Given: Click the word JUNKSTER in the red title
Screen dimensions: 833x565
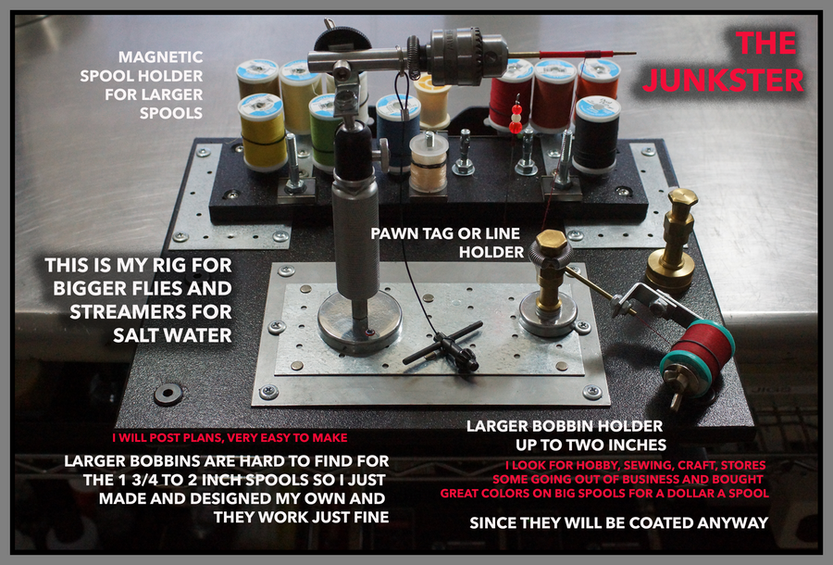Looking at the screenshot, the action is pyautogui.click(x=723, y=81).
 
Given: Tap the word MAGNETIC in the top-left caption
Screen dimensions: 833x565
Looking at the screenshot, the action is pyautogui.click(x=160, y=56).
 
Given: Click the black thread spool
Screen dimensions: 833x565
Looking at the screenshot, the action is pyautogui.click(x=597, y=135).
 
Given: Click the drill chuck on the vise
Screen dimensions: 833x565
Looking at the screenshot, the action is pyautogui.click(x=464, y=56).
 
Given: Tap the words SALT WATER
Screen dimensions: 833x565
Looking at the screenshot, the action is pyautogui.click(x=172, y=335).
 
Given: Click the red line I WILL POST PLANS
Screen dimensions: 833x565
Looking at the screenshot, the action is pyautogui.click(x=230, y=438).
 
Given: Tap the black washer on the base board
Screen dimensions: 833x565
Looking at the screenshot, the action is pyautogui.click(x=168, y=395).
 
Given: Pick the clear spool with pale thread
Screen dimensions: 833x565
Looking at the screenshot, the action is pyautogui.click(x=429, y=161).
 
